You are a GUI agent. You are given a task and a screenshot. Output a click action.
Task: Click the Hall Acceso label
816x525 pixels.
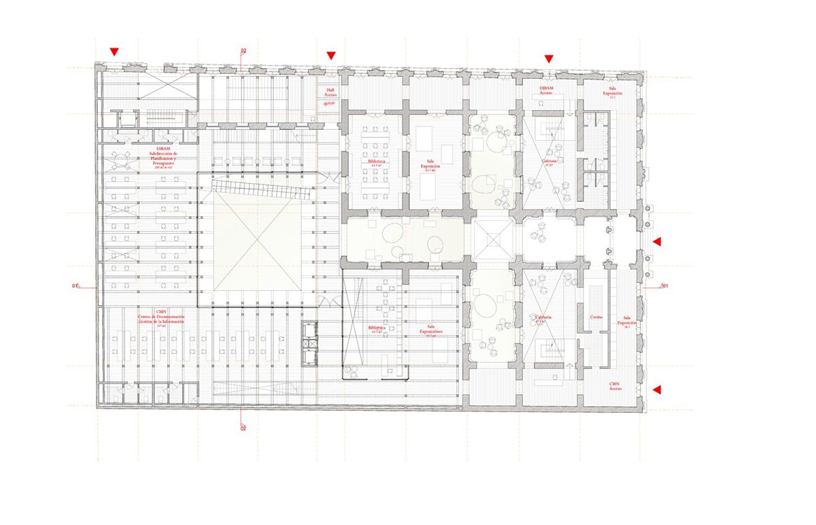(x=330, y=93)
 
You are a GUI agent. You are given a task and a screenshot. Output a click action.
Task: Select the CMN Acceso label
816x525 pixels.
(x=615, y=386)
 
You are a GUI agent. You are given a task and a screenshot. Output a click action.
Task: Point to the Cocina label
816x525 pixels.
(x=596, y=318)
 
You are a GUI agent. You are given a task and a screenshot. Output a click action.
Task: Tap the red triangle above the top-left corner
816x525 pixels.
(x=115, y=52)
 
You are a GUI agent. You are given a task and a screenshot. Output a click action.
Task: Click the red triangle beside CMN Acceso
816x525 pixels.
(x=657, y=390)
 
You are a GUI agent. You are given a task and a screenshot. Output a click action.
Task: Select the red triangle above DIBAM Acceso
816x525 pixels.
(x=549, y=59)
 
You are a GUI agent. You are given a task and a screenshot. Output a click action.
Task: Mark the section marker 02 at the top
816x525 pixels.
(x=243, y=51)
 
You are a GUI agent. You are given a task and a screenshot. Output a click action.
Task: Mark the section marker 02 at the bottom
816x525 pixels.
(x=243, y=428)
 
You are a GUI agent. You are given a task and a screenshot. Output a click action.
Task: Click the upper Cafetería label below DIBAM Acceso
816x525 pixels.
(x=549, y=162)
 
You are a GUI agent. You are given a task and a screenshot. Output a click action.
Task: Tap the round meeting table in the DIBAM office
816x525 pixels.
(x=122, y=162)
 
